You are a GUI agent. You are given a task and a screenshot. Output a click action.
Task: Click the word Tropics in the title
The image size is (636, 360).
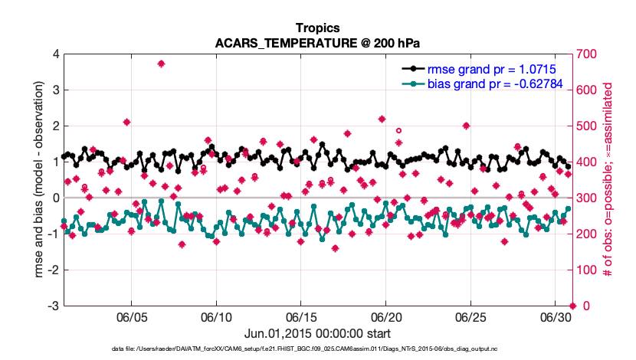pyautogui.click(x=318, y=28)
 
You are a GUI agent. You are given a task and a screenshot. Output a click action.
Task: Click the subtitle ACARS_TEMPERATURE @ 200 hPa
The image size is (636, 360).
pyautogui.click(x=318, y=42)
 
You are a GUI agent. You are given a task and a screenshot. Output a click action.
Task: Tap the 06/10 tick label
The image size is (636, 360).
pyautogui.click(x=217, y=317)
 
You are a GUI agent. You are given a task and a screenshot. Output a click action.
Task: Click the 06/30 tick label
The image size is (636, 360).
pyautogui.click(x=556, y=317)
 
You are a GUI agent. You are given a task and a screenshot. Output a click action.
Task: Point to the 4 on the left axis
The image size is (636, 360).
pyautogui.click(x=54, y=54)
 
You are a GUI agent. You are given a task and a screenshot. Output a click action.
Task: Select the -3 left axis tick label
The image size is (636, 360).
pyautogui.click(x=52, y=306)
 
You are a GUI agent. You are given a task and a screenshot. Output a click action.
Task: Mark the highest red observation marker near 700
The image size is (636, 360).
pyautogui.click(x=161, y=64)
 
